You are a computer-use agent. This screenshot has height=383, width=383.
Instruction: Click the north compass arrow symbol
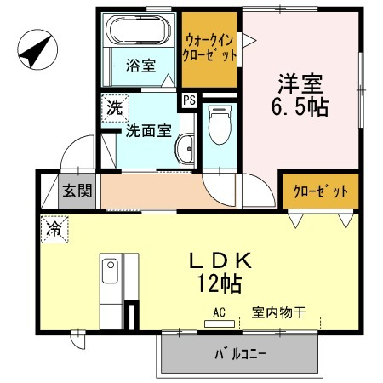pyautogui.click(x=37, y=49)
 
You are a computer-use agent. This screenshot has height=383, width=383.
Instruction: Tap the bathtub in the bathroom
pyautogui.click(x=138, y=30)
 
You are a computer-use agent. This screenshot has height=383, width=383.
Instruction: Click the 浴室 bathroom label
pyautogui.click(x=141, y=66)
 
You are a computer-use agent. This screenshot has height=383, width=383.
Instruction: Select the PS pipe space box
pyautogui.click(x=189, y=100)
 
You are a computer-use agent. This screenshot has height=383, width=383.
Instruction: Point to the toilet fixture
pyautogui.click(x=220, y=124)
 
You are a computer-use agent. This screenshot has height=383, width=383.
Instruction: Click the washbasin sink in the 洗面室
pyautogui.click(x=185, y=149)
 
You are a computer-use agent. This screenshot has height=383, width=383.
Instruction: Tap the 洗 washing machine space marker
pyautogui.click(x=115, y=108)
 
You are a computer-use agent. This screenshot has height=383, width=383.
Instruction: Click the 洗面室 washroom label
pyautogui.click(x=149, y=130)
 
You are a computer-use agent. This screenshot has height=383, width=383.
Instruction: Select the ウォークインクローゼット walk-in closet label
pyautogui.click(x=209, y=48)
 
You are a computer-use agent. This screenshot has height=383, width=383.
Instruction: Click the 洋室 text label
pyautogui.click(x=300, y=84)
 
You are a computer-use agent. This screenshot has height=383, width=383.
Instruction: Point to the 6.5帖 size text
pyautogui.click(x=300, y=107)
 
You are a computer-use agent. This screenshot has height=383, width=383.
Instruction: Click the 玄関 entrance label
pyautogui.click(x=77, y=191)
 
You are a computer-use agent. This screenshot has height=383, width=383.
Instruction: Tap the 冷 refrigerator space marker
pyautogui.click(x=54, y=229)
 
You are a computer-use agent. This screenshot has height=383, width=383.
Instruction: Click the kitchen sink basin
pyautogui.click(x=110, y=271)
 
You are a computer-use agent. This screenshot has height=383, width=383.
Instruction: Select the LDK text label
pyautogui.click(x=220, y=260)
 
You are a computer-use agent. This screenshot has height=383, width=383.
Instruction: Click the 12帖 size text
pyautogui.click(x=220, y=283)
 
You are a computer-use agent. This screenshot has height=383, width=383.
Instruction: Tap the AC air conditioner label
pyautogui.click(x=220, y=312)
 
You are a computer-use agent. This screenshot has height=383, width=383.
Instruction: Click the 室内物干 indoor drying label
pyautogui.click(x=279, y=312)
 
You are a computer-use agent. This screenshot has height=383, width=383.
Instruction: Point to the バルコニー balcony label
pyautogui.click(x=240, y=354)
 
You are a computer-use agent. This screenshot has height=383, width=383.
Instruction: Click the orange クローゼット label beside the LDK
pyautogui.click(x=321, y=191)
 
